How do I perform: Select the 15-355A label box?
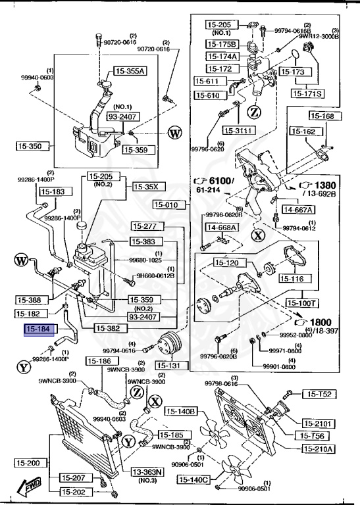130,70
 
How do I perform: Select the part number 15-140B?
180,412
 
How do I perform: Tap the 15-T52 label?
319,395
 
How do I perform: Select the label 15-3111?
238,130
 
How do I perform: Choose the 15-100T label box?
302,303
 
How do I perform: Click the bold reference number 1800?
321,323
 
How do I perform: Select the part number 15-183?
53,192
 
